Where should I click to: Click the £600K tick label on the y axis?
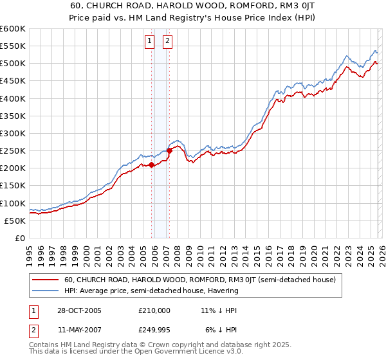coord(13,29)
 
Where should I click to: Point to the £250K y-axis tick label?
coord(13,150)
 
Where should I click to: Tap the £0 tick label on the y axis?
coord(20,238)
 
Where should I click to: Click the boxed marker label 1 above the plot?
coord(149,42)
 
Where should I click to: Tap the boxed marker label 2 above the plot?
coord(167,42)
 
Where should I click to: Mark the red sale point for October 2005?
coord(152,165)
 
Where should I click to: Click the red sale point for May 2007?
coord(169,151)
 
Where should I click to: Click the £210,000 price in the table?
coord(154,310)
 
